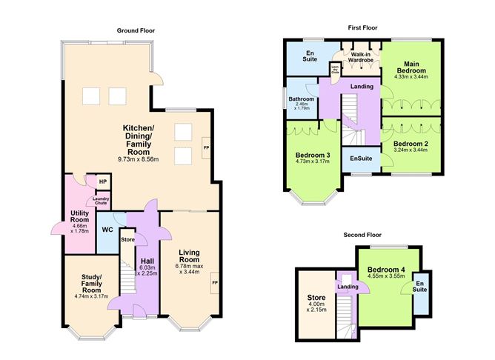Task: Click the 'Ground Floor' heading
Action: [136, 30]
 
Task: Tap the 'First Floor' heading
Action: [362, 27]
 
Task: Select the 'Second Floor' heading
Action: [362, 235]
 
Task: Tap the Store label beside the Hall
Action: [127, 239]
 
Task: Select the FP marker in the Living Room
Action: [215, 283]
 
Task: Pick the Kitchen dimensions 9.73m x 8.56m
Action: [143, 159]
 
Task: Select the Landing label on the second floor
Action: [345, 287]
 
